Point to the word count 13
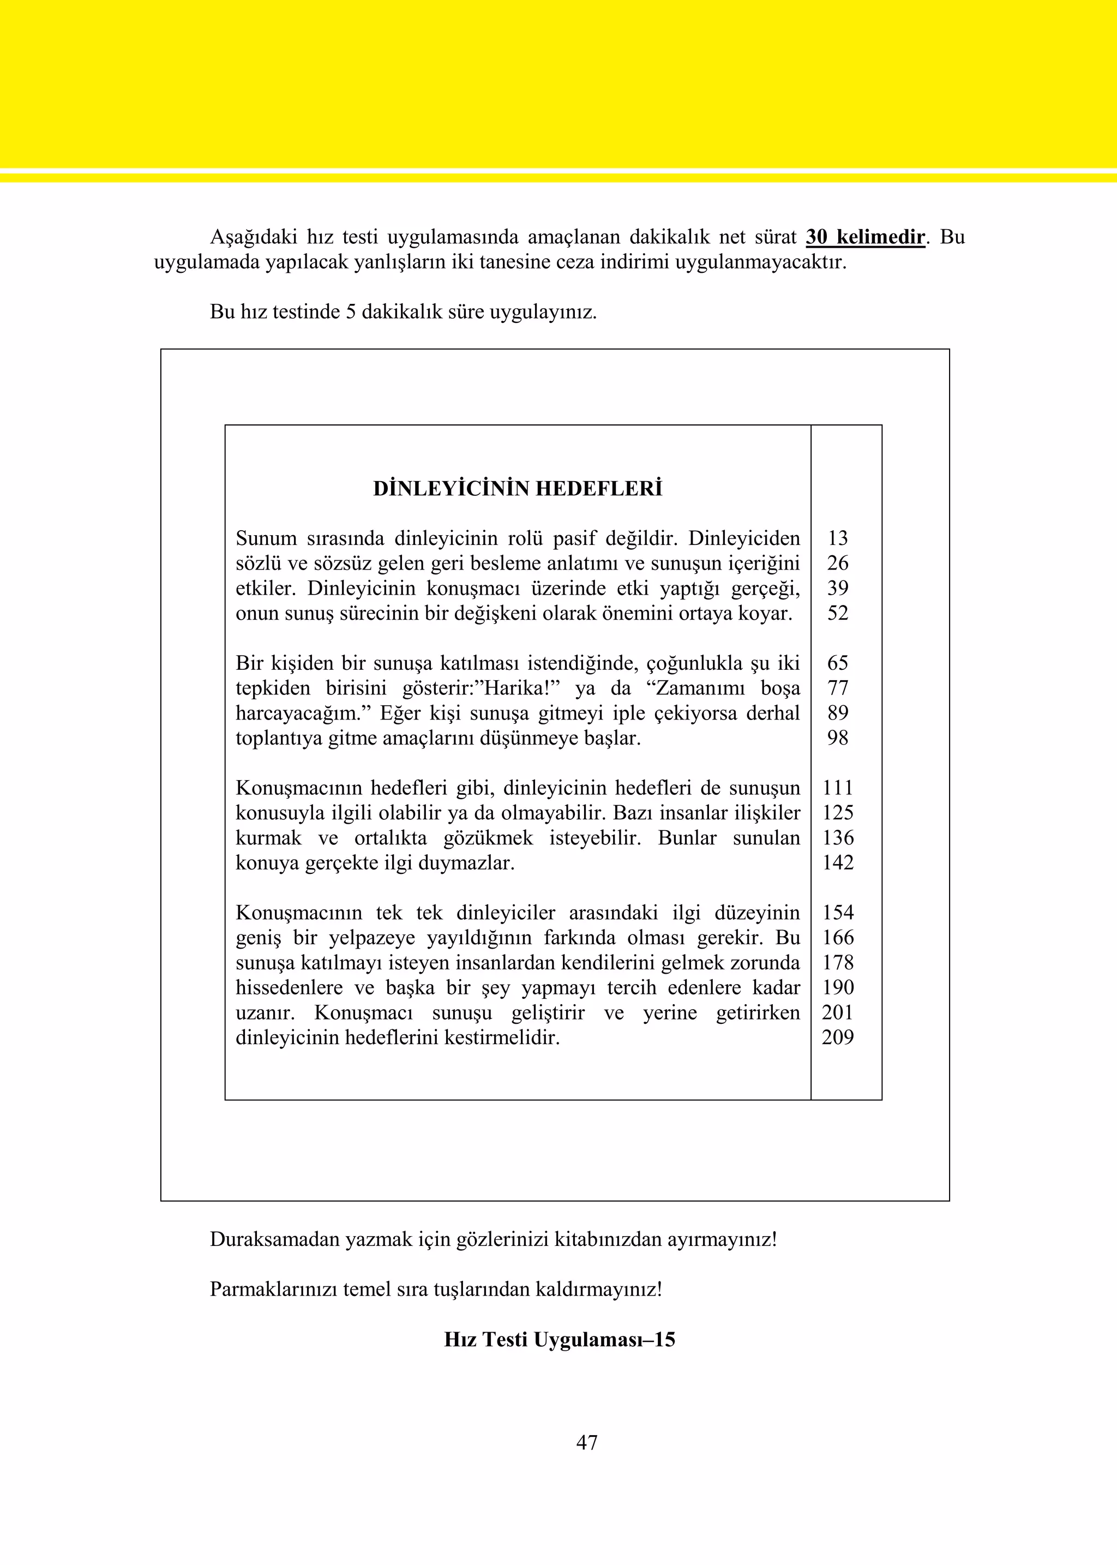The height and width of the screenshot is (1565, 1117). (838, 538)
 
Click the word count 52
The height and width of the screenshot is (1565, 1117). (838, 613)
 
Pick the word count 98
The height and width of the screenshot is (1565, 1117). (838, 738)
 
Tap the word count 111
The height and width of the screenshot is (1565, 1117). (838, 788)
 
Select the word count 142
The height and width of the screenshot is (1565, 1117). (838, 862)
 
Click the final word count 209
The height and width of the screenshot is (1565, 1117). (838, 1038)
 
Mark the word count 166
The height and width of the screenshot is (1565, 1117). (838, 938)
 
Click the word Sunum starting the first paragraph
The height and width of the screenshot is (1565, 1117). (266, 538)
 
